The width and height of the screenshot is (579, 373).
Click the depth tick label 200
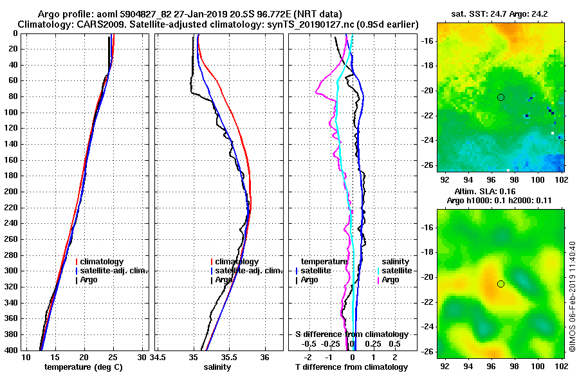pos(12,192)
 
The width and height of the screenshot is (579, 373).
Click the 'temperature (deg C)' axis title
pos(83,367)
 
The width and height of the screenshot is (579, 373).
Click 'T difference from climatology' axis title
pos(351,367)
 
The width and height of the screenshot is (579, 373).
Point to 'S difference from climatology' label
pos(351,334)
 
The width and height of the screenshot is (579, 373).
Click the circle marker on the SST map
pos(501,97)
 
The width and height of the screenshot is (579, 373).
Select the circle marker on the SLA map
pos(501,284)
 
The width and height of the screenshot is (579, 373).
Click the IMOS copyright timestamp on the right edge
pos(573,296)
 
